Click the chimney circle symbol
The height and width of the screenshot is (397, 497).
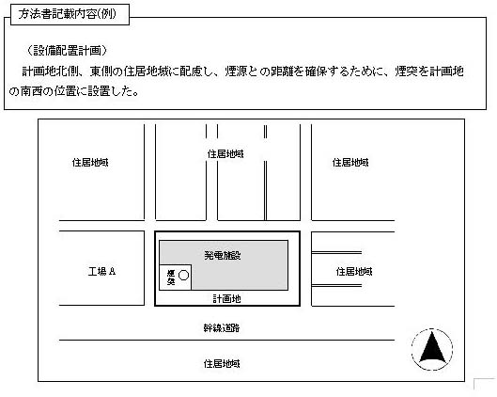coord(183,275)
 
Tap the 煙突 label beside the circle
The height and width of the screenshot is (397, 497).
coord(171,277)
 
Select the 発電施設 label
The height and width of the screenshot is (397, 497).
coord(223,255)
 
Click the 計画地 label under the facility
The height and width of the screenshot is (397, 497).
coord(226,298)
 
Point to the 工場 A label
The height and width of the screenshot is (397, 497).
coord(101,271)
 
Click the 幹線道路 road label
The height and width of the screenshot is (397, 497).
coord(222,327)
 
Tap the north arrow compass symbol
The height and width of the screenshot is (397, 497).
coord(432,349)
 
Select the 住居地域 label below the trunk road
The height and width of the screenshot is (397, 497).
coord(222,363)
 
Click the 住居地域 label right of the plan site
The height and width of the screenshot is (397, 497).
coord(354,271)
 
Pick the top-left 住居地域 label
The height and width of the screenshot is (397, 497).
coord(90,163)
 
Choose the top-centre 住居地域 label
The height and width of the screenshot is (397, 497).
coord(225,154)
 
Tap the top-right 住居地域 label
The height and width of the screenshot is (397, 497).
coord(350,163)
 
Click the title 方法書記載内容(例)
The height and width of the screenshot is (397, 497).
coord(68,14)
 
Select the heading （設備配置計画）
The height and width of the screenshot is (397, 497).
coord(67,51)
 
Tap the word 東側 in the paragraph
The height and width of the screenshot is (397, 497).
coord(101,71)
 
